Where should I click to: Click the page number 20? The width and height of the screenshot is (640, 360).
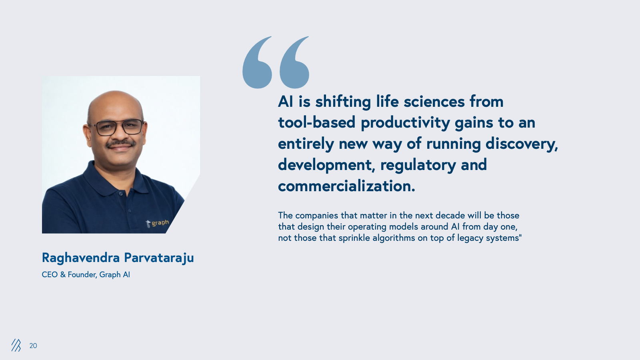33,346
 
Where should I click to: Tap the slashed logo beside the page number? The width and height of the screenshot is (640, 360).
16,345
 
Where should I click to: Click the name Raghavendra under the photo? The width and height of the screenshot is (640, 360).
81,258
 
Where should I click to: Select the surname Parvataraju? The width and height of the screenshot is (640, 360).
159,258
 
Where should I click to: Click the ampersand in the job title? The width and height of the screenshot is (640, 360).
63,274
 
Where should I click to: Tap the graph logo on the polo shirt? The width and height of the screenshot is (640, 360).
158,223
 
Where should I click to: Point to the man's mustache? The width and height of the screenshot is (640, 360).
120,144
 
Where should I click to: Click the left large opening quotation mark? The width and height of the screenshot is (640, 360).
257,62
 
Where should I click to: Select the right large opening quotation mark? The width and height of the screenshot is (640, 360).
294,62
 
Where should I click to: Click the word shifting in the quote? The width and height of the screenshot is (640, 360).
343,102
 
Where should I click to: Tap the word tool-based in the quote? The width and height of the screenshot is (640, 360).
317,122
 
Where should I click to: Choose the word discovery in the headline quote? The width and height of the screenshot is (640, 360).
522,144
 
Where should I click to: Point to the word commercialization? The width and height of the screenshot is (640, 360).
346,186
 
